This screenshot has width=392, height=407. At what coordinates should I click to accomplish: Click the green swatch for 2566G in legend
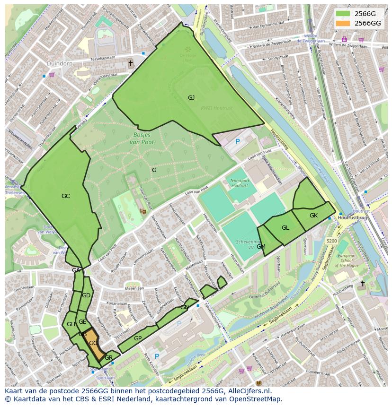[x=343, y=14]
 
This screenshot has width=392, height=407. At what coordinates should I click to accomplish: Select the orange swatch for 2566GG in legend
[x=343, y=23]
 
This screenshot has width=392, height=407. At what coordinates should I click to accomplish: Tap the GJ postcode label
[x=191, y=98]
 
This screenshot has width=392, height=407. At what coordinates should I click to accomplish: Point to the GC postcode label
[x=66, y=196]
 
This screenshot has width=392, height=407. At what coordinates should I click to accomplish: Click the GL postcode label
[x=285, y=228]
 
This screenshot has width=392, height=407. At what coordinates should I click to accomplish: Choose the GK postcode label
[x=313, y=216]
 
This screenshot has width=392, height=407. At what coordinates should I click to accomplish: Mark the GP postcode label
[x=138, y=338]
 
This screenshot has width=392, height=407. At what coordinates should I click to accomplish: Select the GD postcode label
[x=86, y=295]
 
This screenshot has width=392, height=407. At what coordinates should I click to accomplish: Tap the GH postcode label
[x=71, y=324]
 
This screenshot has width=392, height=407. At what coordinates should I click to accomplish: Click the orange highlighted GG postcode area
[x=94, y=344]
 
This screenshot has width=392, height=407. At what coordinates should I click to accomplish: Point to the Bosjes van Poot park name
[x=142, y=138]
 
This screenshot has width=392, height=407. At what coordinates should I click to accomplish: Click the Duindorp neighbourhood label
[x=59, y=63]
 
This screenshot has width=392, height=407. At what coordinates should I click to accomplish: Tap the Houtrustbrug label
[x=353, y=217]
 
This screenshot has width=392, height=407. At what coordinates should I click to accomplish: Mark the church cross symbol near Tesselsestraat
[x=131, y=63]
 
